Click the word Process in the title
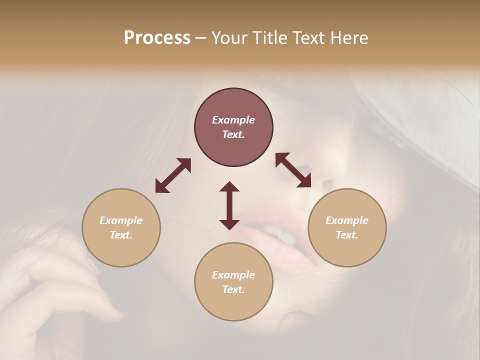click(157, 38)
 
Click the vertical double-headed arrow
click(229, 205)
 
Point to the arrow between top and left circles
click(173, 175)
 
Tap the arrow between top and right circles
click(293, 170)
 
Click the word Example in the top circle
click(233, 120)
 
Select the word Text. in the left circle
click(121, 235)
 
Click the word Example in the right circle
click(347, 220)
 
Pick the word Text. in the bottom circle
click(233, 289)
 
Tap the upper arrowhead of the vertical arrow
click(229, 186)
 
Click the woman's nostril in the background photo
click(325, 180)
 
